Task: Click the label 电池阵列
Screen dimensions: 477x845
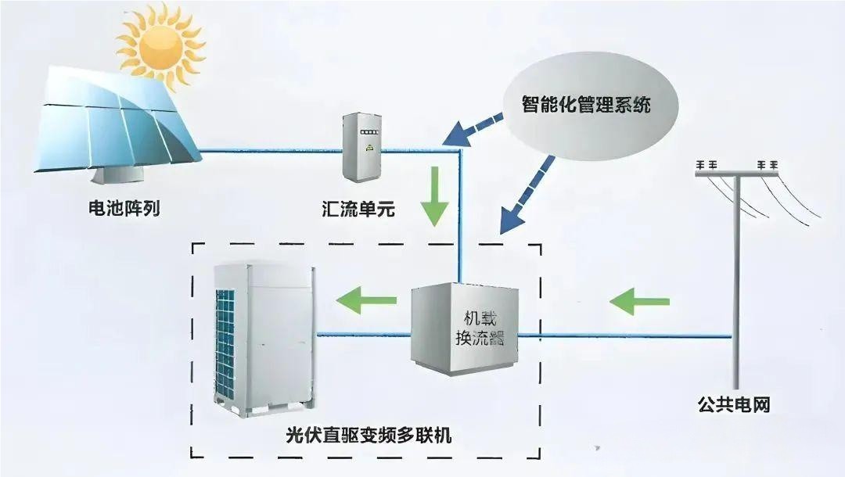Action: [124, 209]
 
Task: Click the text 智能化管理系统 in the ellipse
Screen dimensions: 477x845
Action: [586, 104]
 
